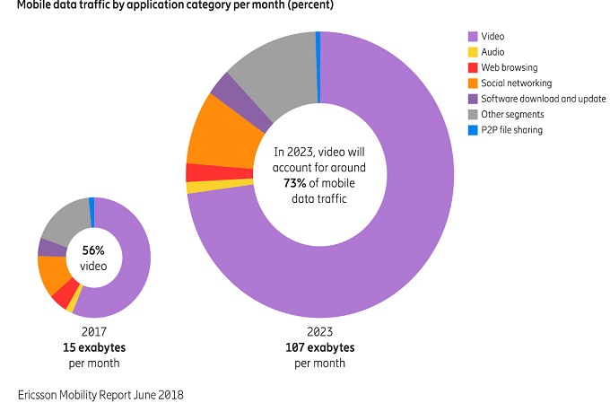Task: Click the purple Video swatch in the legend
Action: pyautogui.click(x=471, y=37)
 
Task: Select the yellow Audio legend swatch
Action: pyautogui.click(x=471, y=52)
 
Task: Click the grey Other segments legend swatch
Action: pyautogui.click(x=471, y=114)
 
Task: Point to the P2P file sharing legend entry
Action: pyautogui.click(x=512, y=130)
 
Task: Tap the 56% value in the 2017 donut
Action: pyautogui.click(x=93, y=250)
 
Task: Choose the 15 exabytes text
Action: pyautogui.click(x=93, y=347)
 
